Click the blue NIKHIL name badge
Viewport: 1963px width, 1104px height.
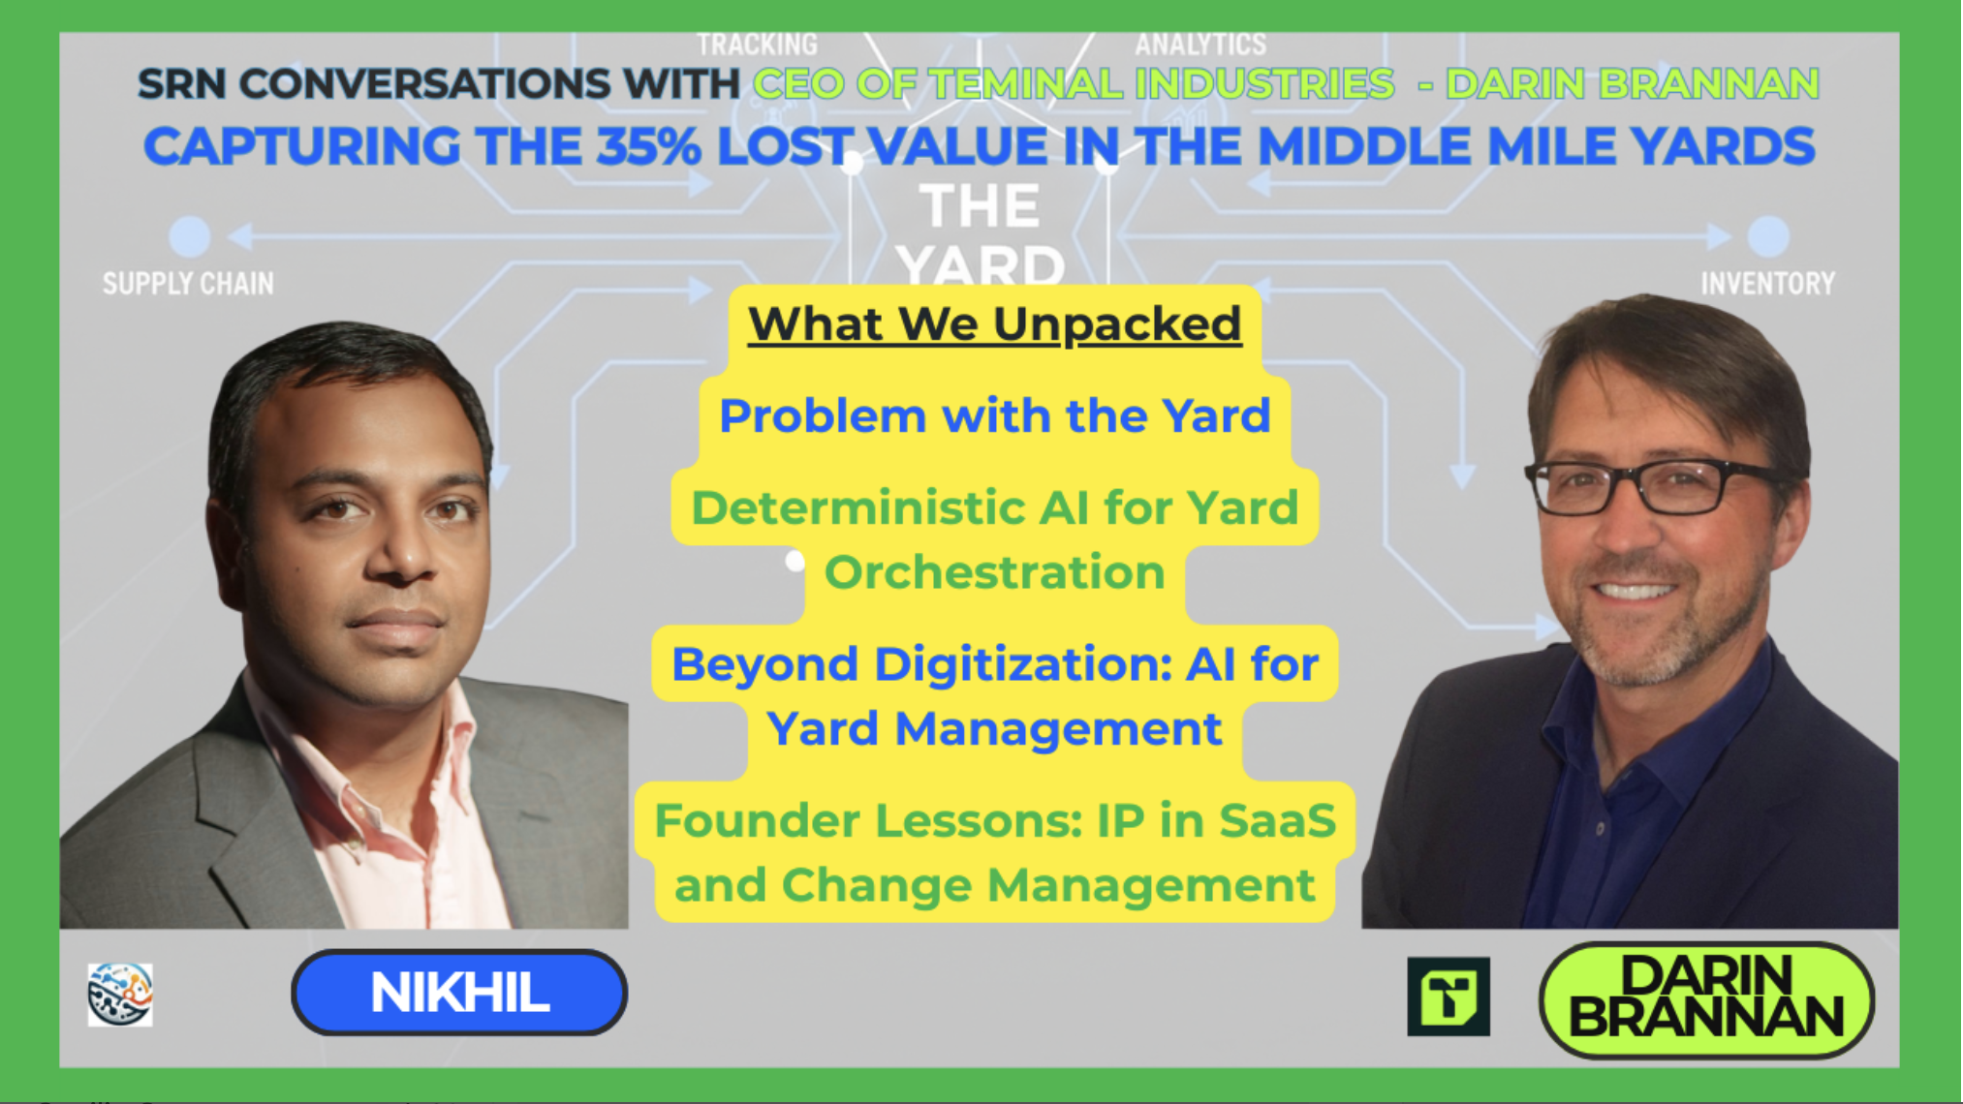tap(459, 993)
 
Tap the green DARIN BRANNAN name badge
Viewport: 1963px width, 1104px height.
tap(1706, 999)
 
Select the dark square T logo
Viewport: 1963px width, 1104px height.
tap(1449, 997)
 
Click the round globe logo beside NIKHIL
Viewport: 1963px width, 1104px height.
tap(120, 995)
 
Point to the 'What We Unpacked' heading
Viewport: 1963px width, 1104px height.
tap(995, 323)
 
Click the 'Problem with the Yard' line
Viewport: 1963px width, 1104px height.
tap(995, 416)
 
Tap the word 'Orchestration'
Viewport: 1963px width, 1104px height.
tap(995, 571)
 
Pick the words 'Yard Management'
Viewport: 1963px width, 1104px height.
tap(995, 728)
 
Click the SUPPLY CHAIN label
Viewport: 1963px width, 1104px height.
tap(188, 284)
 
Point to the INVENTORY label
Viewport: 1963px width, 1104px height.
tap(1768, 284)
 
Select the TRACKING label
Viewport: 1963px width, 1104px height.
tap(758, 45)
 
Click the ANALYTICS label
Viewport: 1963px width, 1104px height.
tap(1200, 45)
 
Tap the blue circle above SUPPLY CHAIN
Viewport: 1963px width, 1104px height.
tap(190, 236)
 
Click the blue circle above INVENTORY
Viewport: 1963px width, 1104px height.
tap(1768, 236)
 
